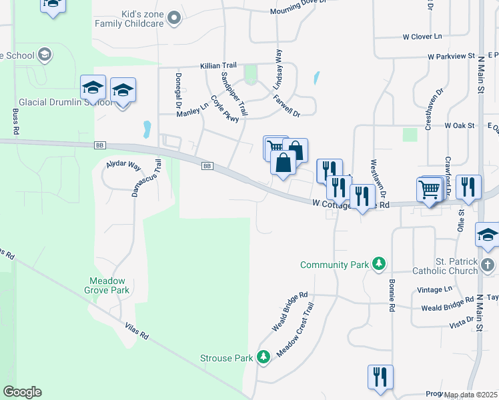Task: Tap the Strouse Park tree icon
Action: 264,358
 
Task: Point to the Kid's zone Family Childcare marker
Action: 175,18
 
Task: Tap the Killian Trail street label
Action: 219,67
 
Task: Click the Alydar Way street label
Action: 124,164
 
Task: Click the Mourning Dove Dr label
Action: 298,11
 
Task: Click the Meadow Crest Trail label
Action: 295,329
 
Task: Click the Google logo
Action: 22,392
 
